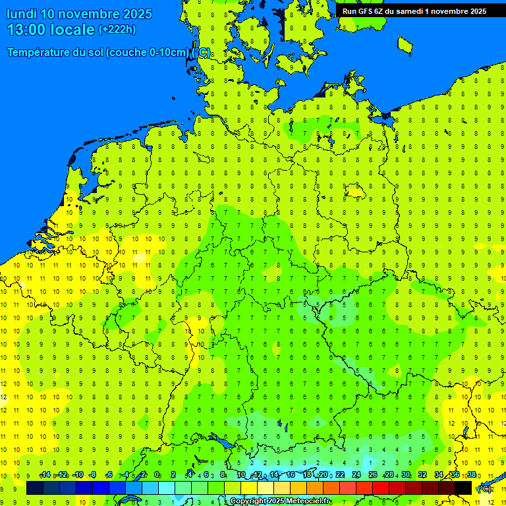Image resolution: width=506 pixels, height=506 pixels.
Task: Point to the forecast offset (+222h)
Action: [117, 30]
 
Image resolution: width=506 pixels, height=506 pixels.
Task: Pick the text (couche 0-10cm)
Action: [148, 53]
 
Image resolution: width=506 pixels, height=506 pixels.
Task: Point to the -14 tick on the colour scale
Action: [45, 475]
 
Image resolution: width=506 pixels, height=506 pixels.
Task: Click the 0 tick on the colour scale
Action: [157, 475]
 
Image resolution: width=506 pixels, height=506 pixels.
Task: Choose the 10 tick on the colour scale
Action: [241, 475]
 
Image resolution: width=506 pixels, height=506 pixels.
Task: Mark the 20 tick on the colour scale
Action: [323, 475]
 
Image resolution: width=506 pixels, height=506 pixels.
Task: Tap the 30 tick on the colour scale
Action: [406, 475]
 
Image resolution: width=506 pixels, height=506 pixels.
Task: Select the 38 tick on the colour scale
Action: [472, 475]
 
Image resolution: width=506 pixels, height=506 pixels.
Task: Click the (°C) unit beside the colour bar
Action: [484, 489]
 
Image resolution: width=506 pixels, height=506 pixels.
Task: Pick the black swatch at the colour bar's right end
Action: [463, 488]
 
